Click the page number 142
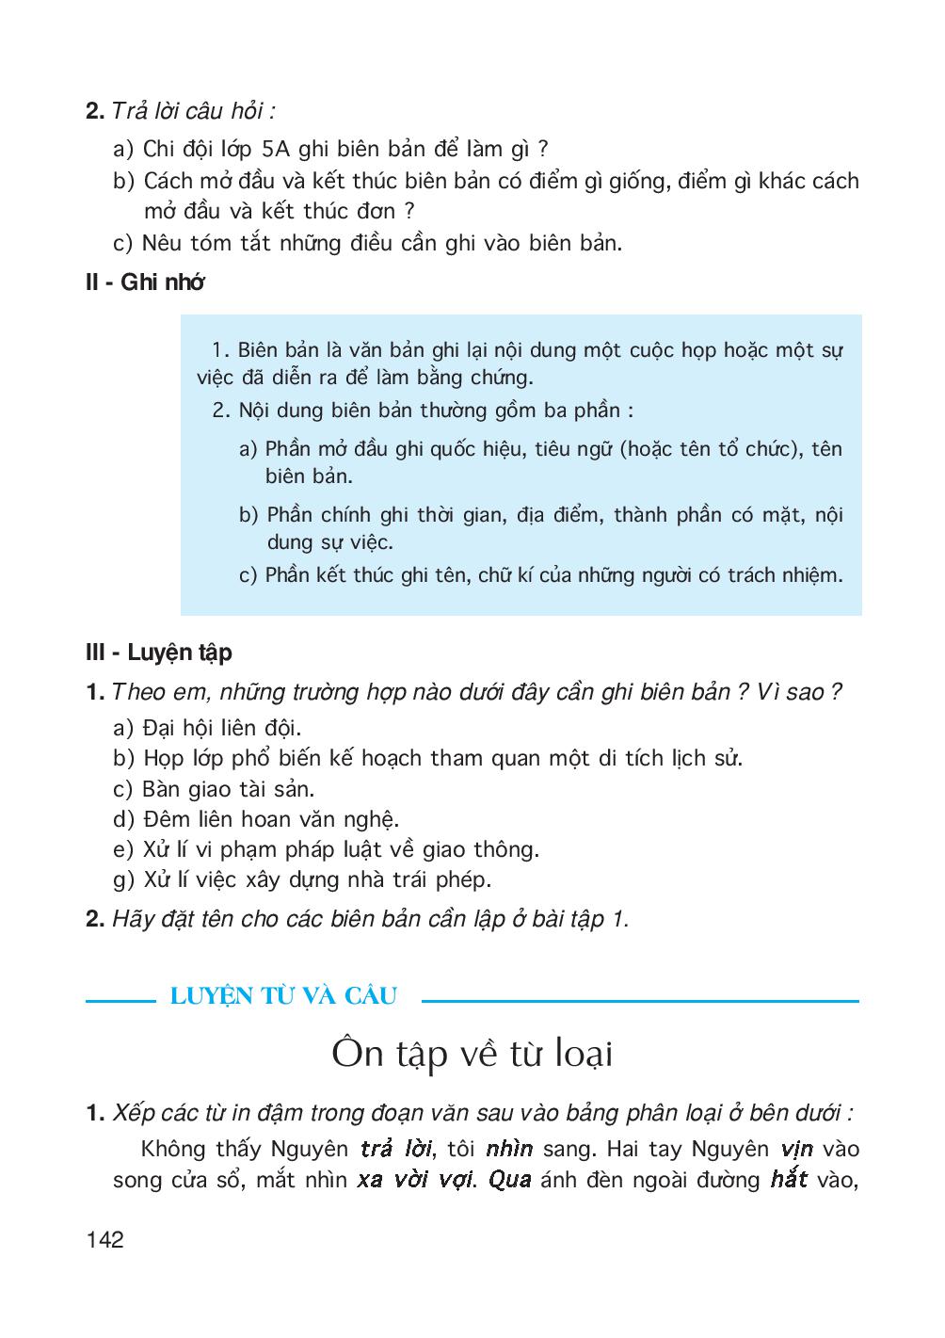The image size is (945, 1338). [104, 1239]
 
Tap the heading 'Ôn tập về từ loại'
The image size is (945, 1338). [472, 1054]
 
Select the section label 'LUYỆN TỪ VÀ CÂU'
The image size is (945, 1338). [283, 996]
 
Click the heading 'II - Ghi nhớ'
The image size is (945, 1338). [144, 282]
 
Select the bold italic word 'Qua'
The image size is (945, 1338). [510, 1180]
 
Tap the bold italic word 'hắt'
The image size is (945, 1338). [788, 1179]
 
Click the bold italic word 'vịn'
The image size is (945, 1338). [796, 1150]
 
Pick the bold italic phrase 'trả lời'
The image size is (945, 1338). [395, 1150]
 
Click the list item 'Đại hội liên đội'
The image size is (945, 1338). [221, 728]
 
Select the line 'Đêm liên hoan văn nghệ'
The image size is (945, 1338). [270, 819]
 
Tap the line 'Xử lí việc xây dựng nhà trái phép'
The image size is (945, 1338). [316, 880]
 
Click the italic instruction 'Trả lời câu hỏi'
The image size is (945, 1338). [193, 111]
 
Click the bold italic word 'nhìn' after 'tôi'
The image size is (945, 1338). [509, 1150]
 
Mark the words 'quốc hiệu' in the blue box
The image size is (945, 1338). [478, 449]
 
